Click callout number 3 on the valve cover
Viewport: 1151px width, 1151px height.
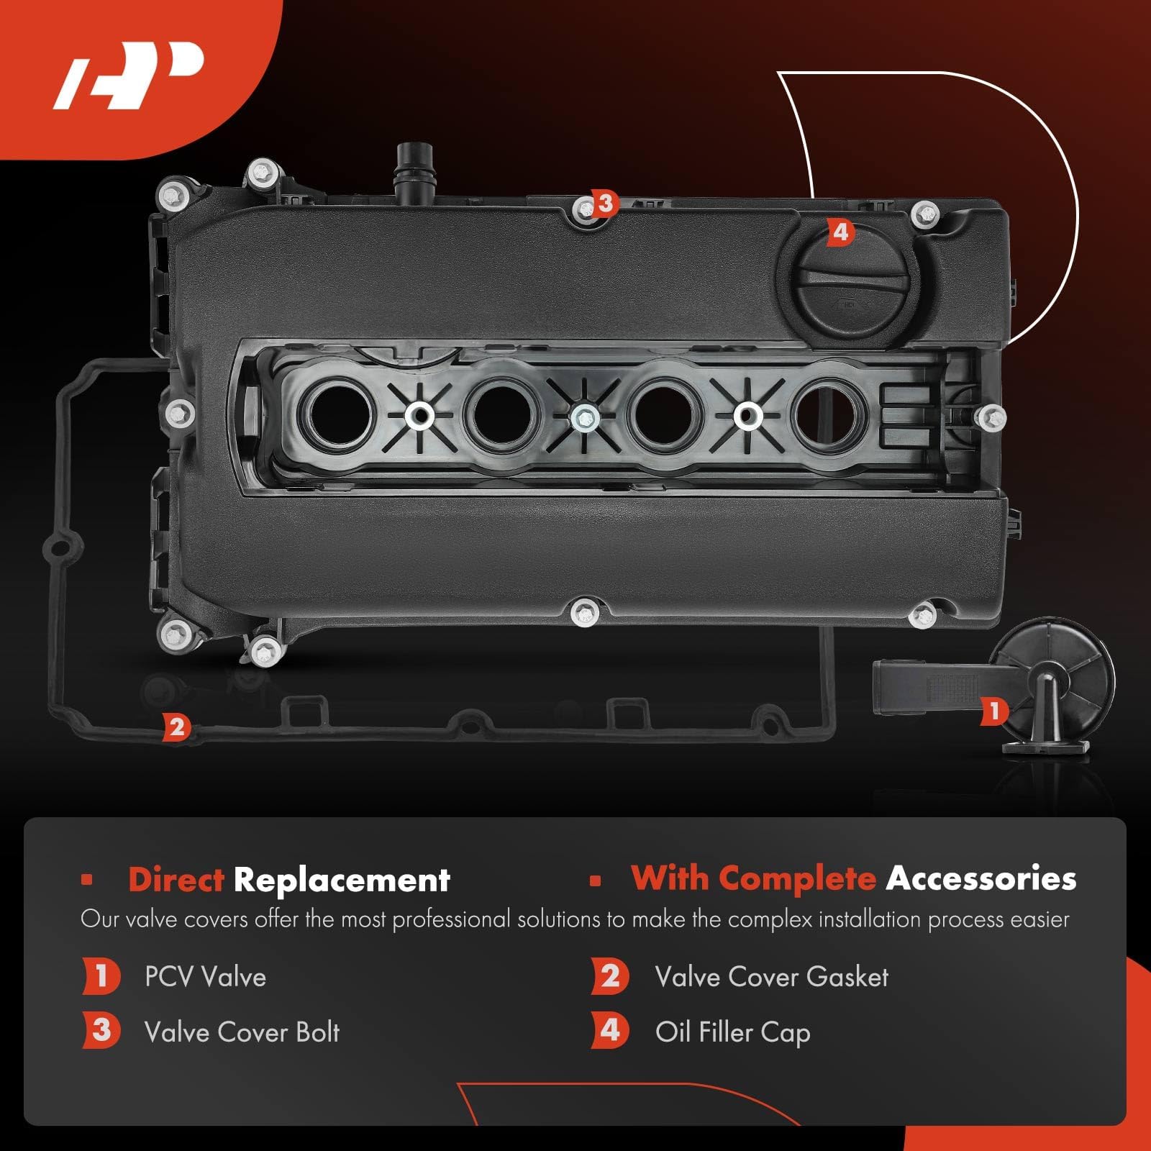605,204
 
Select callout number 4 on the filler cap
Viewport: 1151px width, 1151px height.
840,232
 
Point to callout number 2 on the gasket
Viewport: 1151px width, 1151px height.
176,727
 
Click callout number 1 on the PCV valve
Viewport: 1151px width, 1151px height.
994,711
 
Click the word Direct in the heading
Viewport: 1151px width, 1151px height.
176,880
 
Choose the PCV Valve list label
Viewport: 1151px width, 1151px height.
205,977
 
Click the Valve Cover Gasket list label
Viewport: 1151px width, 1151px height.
771,977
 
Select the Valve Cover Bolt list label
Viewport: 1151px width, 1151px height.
242,1032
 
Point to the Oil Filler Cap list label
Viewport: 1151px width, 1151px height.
732,1032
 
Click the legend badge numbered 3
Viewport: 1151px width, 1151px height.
101,1030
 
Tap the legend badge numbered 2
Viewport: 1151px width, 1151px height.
610,976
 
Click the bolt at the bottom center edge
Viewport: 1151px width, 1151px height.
586,614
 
